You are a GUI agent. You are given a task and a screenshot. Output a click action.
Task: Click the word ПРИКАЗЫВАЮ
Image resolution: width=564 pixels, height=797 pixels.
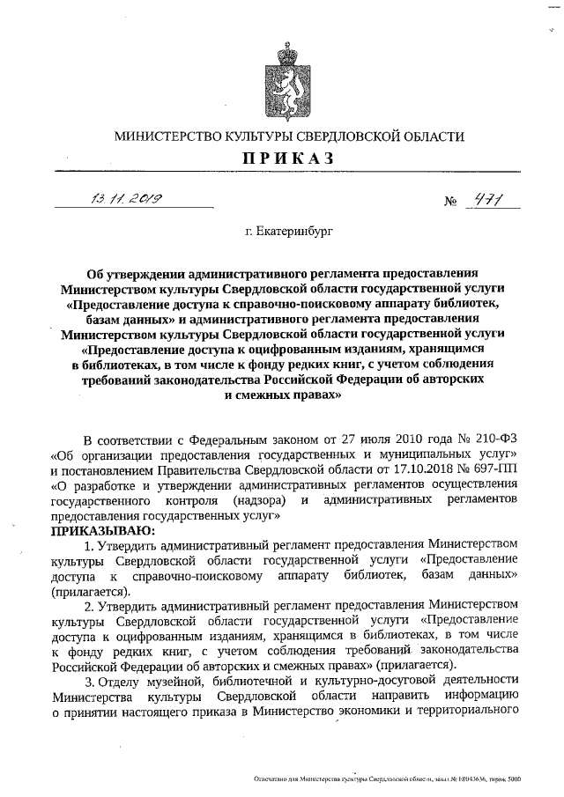[x=102, y=531]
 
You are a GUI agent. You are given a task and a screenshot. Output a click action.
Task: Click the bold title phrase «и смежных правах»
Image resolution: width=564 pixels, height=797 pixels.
[x=282, y=395]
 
